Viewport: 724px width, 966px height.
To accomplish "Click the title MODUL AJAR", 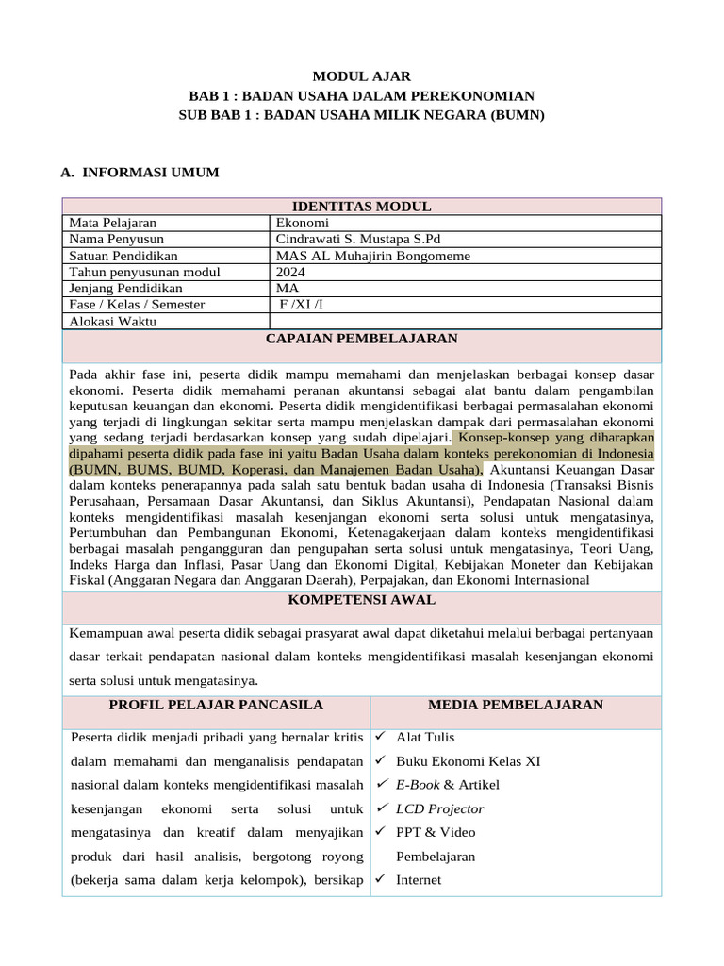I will (x=362, y=76).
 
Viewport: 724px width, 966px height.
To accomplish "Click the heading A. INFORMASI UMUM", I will (x=140, y=172).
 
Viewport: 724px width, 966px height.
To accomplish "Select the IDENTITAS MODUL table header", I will (x=362, y=207).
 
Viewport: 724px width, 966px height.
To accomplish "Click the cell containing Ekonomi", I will (x=302, y=223).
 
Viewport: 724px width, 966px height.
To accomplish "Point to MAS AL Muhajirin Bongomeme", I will (x=372, y=256).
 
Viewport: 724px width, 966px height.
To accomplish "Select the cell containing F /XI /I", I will (x=301, y=305).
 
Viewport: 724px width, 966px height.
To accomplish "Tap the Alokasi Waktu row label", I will (x=113, y=321).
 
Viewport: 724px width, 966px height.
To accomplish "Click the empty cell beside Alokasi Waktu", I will (x=466, y=321).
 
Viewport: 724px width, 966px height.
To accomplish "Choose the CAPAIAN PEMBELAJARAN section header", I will (x=362, y=338).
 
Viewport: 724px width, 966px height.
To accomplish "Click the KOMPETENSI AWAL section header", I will (x=362, y=599).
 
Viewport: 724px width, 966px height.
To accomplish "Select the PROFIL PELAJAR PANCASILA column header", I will (x=216, y=705).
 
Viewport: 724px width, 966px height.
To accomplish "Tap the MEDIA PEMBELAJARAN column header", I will (x=516, y=705).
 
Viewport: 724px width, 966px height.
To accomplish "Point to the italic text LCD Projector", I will (x=440, y=808).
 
